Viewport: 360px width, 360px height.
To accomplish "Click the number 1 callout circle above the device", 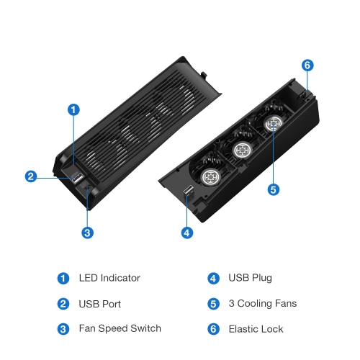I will (x=73, y=109).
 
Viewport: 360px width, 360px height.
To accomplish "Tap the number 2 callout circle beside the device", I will (x=30, y=176).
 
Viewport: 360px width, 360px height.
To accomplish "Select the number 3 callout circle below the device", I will (x=87, y=233).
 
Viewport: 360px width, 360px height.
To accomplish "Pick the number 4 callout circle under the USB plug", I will (x=186, y=233).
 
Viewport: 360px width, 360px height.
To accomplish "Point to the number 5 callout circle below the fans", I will (x=272, y=189).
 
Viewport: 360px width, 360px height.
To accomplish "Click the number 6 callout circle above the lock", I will (x=307, y=66).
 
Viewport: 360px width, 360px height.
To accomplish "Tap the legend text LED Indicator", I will (x=109, y=277).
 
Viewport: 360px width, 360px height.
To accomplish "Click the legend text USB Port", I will (x=100, y=303).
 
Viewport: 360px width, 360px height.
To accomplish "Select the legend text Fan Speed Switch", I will (x=120, y=329).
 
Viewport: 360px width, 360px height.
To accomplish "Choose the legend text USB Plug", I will (x=251, y=277).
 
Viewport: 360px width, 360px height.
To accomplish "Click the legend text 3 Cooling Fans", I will (x=262, y=303).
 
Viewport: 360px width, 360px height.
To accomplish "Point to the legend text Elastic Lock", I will (x=256, y=329).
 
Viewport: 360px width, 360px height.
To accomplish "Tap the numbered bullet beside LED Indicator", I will (x=64, y=277).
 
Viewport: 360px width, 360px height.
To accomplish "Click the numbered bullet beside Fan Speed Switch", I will (x=64, y=329).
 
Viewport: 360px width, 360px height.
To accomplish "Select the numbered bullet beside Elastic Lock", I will (x=213, y=329).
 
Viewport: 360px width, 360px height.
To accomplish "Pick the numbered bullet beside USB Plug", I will (x=213, y=277).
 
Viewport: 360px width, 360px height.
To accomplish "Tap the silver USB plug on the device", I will (x=188, y=192).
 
